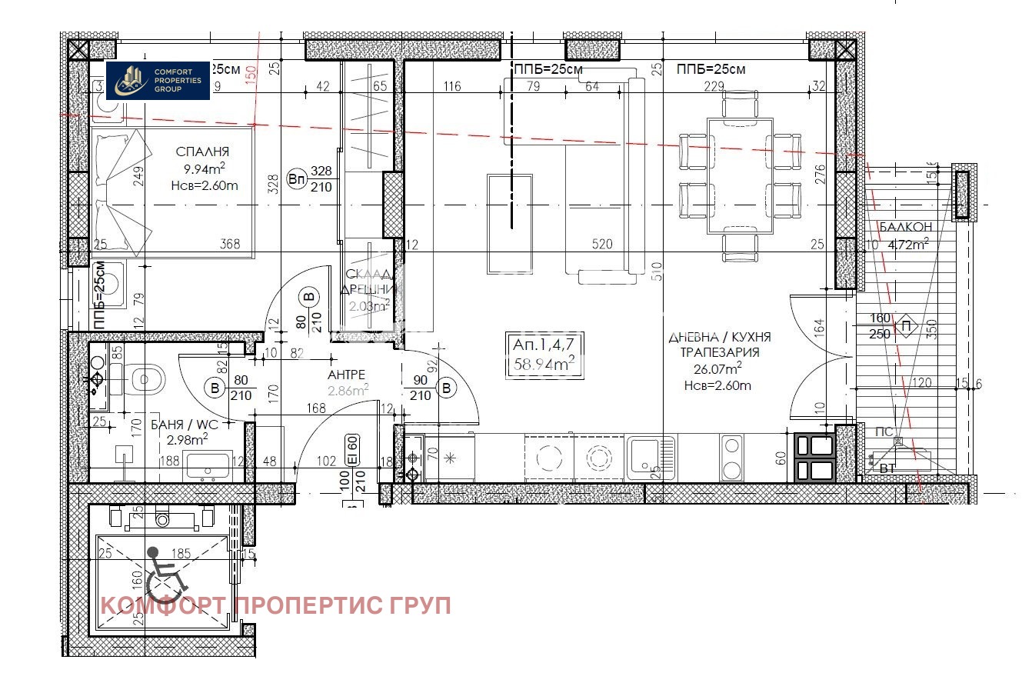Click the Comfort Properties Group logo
click(x=158, y=80)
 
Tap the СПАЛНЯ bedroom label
click(x=202, y=152)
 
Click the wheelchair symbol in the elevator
click(x=164, y=575)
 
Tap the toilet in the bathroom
click(x=146, y=378)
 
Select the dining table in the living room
click(x=739, y=175)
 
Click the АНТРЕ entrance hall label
click(x=347, y=375)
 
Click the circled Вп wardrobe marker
click(x=296, y=179)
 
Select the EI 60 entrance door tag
click(x=352, y=448)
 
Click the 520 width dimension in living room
click(x=602, y=245)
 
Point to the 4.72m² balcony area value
click(x=908, y=245)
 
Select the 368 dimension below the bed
click(x=230, y=245)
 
